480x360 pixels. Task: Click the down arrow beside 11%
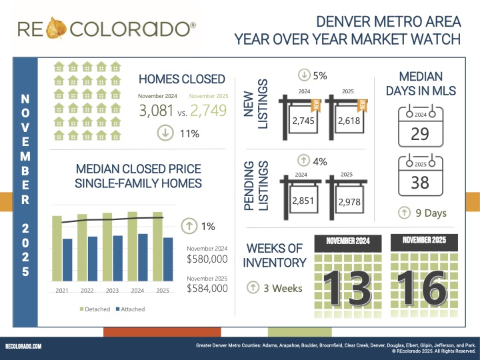point(163,133)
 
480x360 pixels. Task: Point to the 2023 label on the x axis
point(112,291)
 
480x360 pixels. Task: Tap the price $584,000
point(207,289)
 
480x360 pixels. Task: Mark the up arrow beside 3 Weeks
point(253,288)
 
